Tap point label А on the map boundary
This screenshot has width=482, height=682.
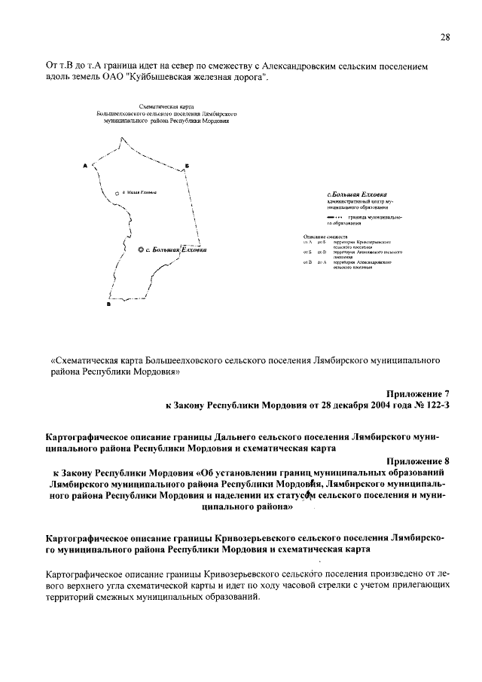click(x=85, y=165)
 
